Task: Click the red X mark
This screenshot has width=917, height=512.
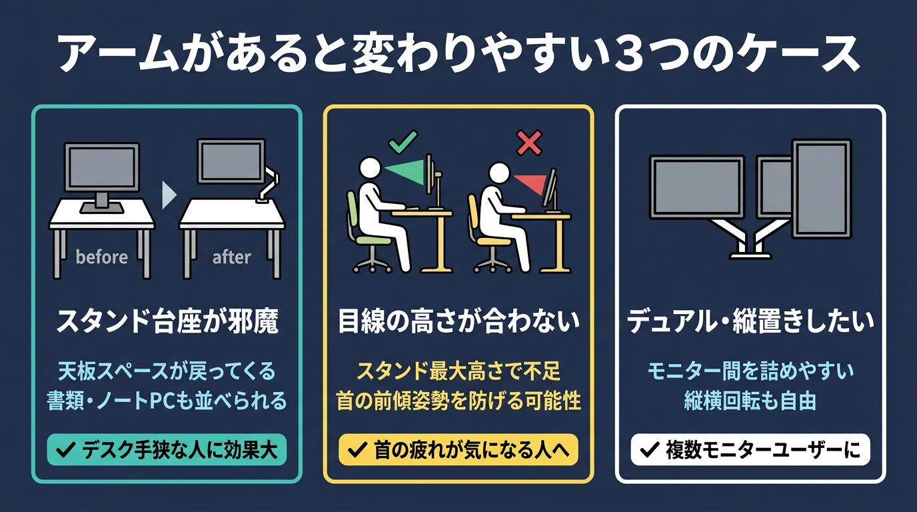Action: click(529, 143)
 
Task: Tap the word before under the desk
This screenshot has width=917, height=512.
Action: click(102, 257)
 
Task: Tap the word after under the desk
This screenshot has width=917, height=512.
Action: click(232, 257)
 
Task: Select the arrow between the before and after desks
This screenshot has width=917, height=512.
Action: click(169, 195)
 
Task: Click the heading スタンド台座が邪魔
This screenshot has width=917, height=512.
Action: click(167, 321)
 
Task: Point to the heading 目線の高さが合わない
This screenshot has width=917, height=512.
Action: click(459, 321)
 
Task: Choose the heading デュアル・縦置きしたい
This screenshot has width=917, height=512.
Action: click(751, 321)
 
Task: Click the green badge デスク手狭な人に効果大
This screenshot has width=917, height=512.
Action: click(167, 450)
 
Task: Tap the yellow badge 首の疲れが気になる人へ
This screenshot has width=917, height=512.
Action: click(458, 450)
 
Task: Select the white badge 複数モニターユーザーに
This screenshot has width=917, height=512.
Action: click(750, 450)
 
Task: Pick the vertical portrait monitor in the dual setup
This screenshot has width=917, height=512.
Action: click(822, 189)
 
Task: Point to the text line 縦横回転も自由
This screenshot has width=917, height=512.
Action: click(750, 401)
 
